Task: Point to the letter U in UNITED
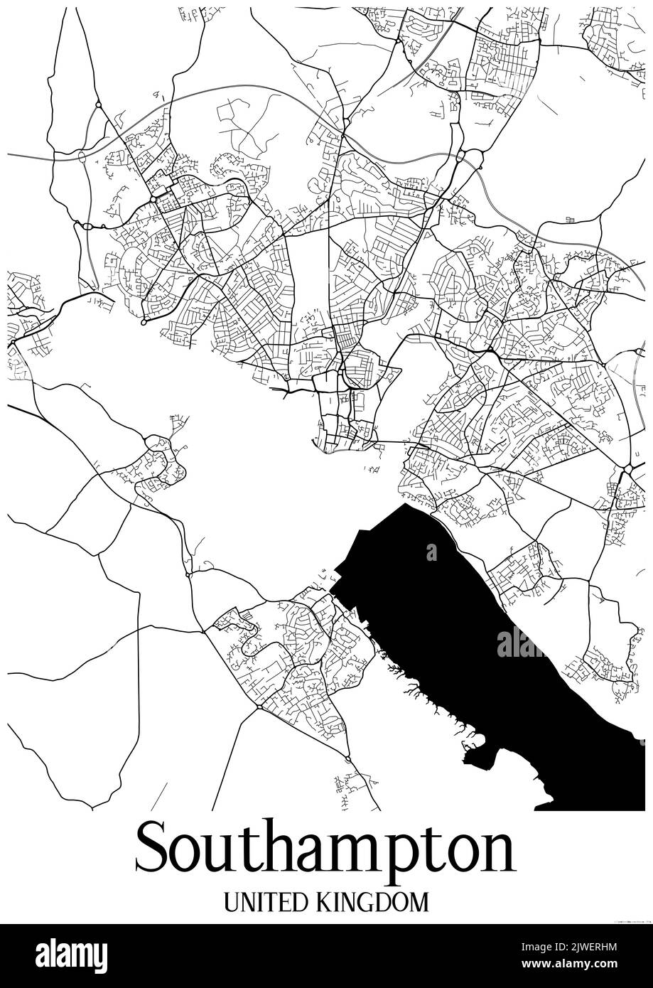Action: [x=232, y=902]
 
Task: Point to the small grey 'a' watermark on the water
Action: [x=431, y=552]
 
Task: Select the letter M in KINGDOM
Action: [x=419, y=902]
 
